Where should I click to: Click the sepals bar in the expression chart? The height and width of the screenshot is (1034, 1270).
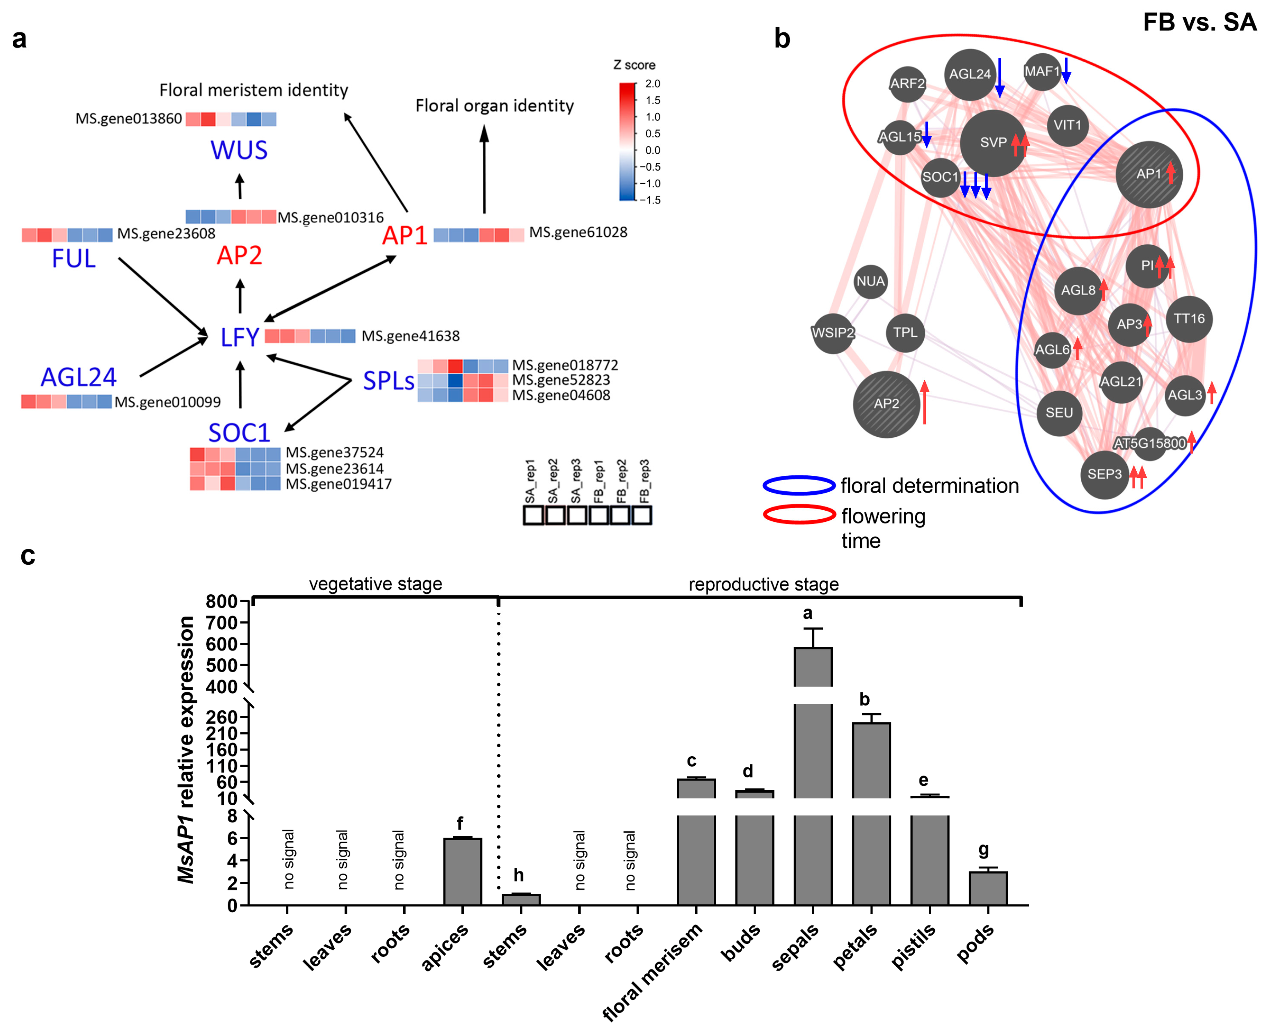tap(813, 774)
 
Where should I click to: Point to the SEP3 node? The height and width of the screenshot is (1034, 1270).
tap(1104, 474)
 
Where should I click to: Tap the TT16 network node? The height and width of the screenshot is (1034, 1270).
tap(1189, 319)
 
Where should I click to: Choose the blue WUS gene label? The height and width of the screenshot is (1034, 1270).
tap(239, 150)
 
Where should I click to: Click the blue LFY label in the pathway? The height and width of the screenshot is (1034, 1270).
tap(240, 337)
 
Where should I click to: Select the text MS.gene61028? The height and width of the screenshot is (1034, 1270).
tap(578, 232)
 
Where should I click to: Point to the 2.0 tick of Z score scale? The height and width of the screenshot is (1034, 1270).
tap(653, 84)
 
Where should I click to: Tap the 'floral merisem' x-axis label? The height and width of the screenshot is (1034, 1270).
tap(652, 971)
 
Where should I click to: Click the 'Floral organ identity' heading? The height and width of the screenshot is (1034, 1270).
tap(494, 105)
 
